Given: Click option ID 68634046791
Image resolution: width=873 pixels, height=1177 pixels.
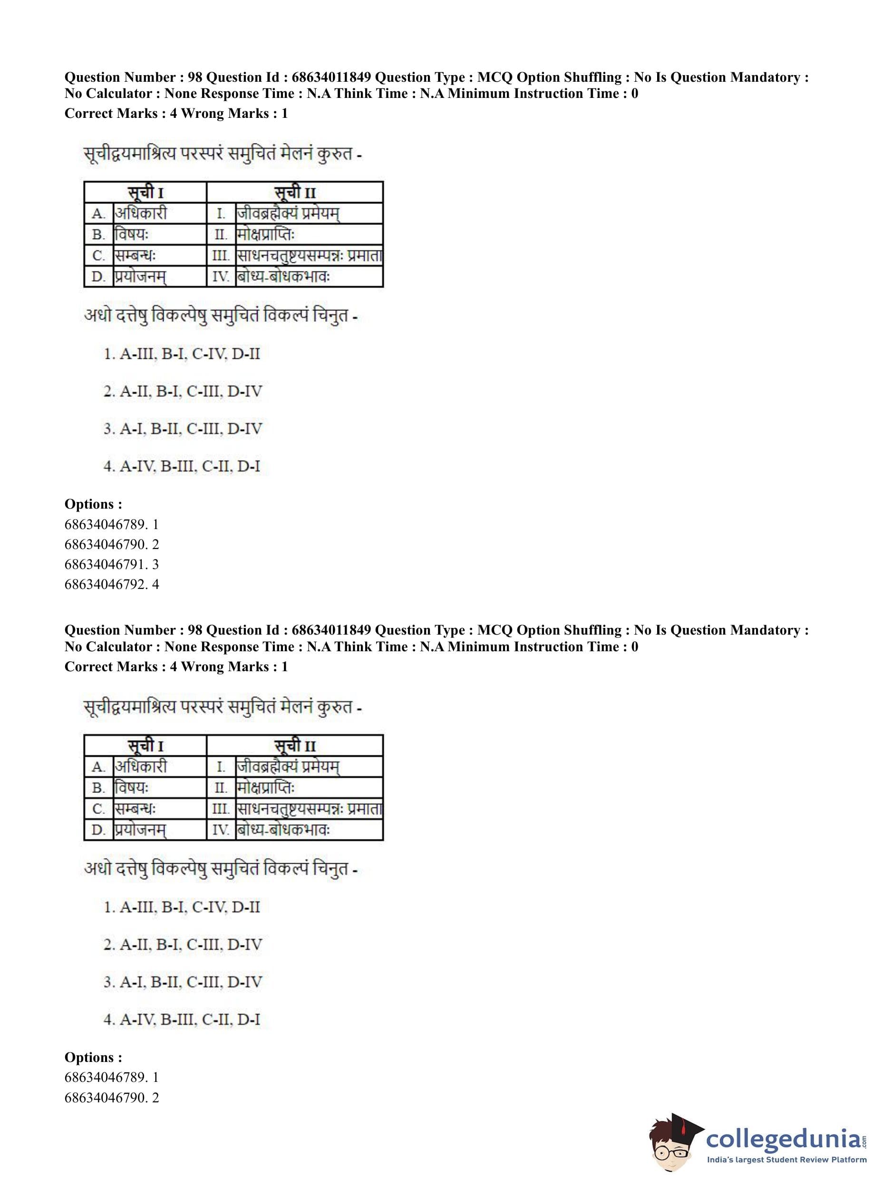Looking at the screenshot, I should point(112,564).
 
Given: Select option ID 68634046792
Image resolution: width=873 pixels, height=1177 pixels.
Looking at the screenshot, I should point(112,584).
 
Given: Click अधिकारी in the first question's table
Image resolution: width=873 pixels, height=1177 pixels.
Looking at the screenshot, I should point(141,213).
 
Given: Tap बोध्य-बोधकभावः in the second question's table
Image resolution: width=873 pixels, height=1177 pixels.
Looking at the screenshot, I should point(284,830).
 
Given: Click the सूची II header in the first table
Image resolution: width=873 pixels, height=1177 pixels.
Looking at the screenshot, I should point(295,193).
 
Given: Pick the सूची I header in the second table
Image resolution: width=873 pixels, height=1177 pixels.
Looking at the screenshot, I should point(145,746).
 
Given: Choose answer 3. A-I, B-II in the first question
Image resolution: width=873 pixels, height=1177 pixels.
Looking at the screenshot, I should point(182,429).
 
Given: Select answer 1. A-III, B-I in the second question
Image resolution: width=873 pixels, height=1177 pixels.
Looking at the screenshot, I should point(182,907).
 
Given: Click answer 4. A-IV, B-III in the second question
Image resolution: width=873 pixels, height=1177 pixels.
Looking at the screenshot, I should point(182,1020).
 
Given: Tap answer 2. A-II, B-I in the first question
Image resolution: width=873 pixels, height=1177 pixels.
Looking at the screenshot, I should point(182,391).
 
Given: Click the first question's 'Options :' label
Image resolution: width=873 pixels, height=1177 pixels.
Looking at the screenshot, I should point(93,504).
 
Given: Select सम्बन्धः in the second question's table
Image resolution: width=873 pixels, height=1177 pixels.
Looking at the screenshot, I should point(136,809).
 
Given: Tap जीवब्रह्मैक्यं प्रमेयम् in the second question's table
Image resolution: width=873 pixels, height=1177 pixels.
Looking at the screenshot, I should point(289,767).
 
